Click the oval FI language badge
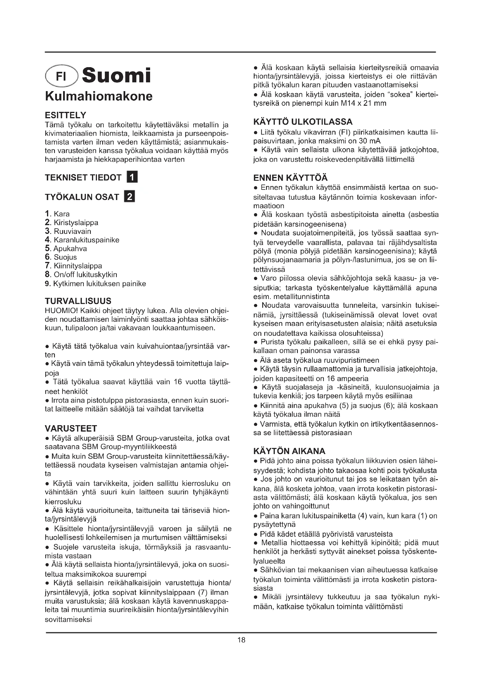point(61,76)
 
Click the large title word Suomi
point(116,76)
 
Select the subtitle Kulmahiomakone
point(98,96)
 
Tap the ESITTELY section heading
point(65,115)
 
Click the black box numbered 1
point(132,177)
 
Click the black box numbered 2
point(130,197)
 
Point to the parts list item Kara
point(61,214)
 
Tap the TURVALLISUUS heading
point(78,301)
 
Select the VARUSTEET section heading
point(71,428)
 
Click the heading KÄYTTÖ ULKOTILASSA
point(303,122)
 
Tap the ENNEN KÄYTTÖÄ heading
point(290,178)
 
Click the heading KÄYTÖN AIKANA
point(289,451)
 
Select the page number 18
point(241,640)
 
